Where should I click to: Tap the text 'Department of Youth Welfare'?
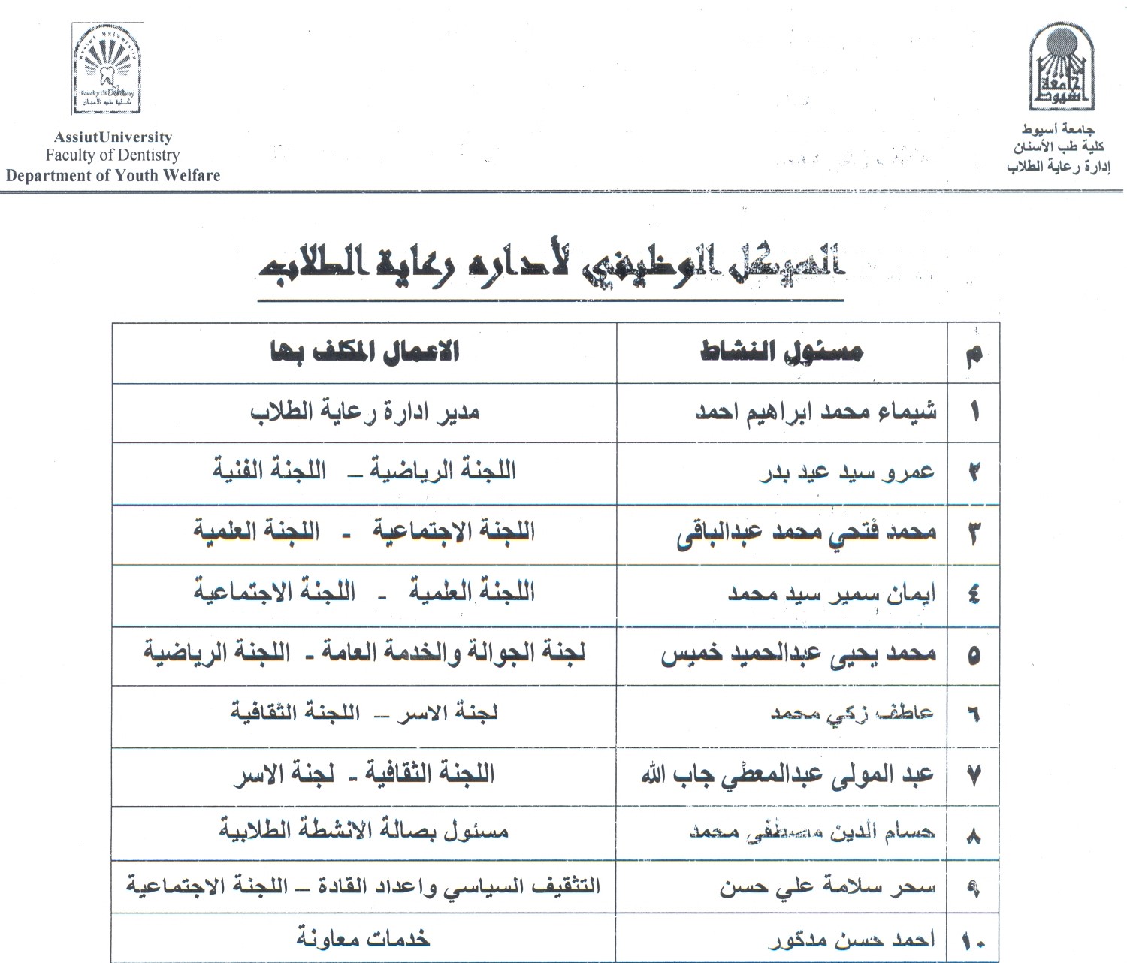(113, 176)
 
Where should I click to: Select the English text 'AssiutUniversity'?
(113, 137)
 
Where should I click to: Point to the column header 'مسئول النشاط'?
(781, 352)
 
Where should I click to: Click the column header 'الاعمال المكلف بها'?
(364, 352)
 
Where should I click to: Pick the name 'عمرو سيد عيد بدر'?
(847, 472)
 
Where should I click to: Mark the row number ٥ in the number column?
(974, 655)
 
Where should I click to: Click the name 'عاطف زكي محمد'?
(852, 714)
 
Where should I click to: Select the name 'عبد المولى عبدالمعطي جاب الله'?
(787, 774)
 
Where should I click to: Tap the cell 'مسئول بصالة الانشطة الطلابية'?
(364, 831)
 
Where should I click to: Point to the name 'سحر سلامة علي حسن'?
(828, 888)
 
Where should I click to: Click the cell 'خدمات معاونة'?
(363, 939)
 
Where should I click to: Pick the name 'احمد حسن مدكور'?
(852, 940)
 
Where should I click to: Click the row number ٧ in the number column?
(974, 775)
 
